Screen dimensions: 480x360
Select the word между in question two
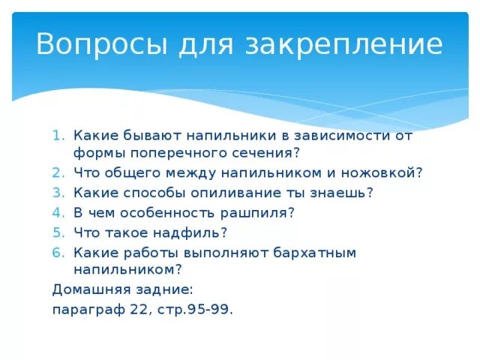click(x=191, y=173)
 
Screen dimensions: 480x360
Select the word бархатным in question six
click(x=315, y=253)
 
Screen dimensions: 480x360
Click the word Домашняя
click(x=91, y=289)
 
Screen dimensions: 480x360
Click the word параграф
click(x=88, y=310)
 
